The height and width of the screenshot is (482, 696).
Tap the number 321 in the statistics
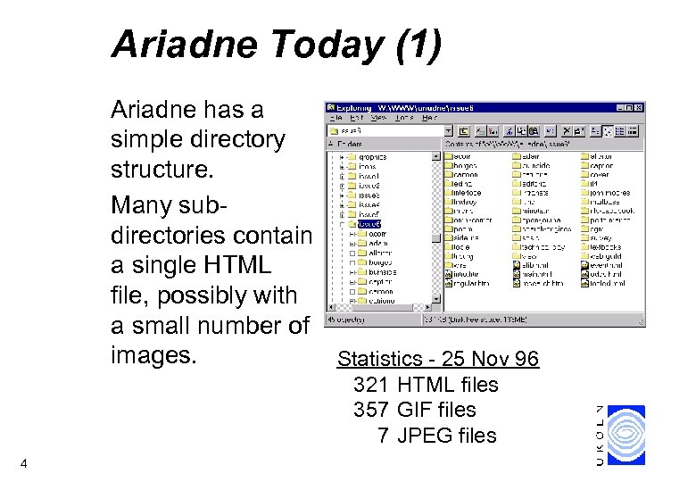coord(371,386)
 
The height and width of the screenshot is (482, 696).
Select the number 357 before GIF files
coord(371,411)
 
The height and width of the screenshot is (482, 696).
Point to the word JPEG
coord(424,436)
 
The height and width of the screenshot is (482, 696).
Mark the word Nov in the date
coord(491,360)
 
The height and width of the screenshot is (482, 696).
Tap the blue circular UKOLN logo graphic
coord(626,435)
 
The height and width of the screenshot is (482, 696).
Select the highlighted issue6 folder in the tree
coord(369,225)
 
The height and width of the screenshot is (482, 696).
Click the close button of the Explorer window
coord(638,107)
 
